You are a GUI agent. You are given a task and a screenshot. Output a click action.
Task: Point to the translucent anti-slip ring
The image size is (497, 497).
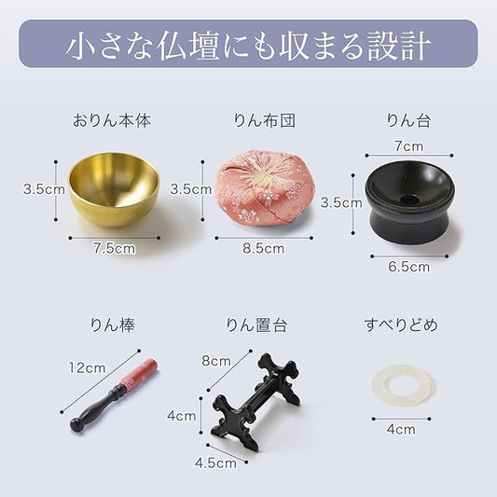(400, 385)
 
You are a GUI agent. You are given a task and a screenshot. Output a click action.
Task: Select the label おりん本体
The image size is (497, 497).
(112, 120)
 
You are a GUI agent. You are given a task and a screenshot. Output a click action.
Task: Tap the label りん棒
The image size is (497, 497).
(112, 325)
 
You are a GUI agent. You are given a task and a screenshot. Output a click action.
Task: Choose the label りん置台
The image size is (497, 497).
(256, 325)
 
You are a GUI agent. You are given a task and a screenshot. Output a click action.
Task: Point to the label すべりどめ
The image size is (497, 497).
(400, 325)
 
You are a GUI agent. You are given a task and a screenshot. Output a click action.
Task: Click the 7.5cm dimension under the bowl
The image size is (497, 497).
(115, 249)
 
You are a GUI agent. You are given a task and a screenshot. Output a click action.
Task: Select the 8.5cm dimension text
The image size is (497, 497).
(263, 249)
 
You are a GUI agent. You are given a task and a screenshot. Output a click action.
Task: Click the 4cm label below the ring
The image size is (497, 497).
(400, 430)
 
